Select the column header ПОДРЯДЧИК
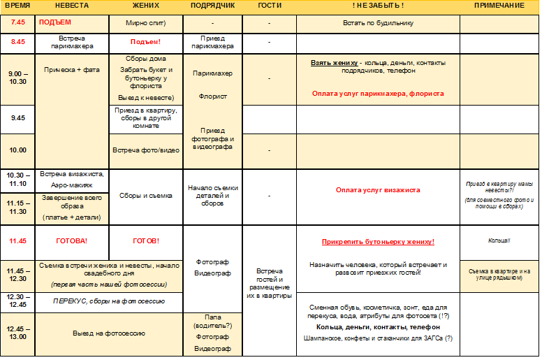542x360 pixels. [x=212, y=6]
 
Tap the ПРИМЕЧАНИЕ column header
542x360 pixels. [x=499, y=6]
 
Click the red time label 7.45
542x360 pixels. [x=17, y=23]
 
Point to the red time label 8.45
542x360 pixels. [x=17, y=42]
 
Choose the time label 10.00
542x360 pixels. [x=17, y=150]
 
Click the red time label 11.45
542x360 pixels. [x=17, y=241]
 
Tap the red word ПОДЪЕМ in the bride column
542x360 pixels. [x=55, y=22]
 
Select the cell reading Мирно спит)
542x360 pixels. [x=145, y=23]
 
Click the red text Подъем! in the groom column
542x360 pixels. [x=145, y=42]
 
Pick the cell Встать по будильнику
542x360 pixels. [x=378, y=23]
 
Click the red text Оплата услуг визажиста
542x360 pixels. [x=378, y=190]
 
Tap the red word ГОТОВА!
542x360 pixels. [x=71, y=241]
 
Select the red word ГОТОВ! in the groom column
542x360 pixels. [x=145, y=241]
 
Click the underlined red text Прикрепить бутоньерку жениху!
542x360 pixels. [x=378, y=243]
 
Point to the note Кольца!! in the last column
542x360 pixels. [x=499, y=240]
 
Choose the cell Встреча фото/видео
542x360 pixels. [x=145, y=150]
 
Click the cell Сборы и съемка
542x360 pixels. [x=145, y=196]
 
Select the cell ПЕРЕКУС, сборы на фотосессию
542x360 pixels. [x=109, y=301]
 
